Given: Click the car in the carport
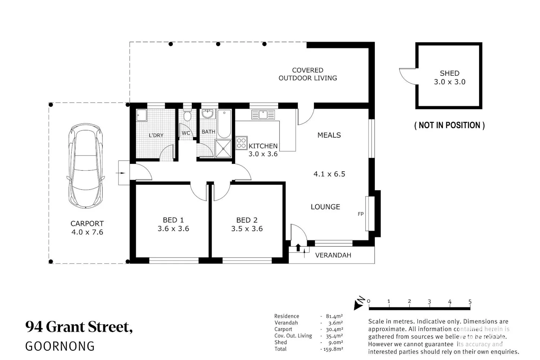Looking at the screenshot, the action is [x=86, y=166].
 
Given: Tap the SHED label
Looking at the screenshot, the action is [x=449, y=73].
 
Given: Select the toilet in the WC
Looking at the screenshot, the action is [x=187, y=115].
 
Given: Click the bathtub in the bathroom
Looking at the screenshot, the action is [x=224, y=124].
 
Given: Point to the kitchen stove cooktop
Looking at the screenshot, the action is [x=241, y=143].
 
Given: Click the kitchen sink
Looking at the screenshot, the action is [x=263, y=114].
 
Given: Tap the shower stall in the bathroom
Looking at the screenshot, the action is [x=223, y=149].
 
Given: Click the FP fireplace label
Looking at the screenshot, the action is [x=361, y=214].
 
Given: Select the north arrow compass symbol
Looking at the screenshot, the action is [x=359, y=303].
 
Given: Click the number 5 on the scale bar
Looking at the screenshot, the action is [x=470, y=301].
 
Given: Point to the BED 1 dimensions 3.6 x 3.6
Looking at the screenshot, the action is [x=173, y=229].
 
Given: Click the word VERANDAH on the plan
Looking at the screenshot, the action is [x=333, y=255].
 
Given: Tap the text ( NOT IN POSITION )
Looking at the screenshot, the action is [x=449, y=125].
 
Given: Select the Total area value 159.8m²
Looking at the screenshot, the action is [x=333, y=349].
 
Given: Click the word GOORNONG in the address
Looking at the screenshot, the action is [x=60, y=346].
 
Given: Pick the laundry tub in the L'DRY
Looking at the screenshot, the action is [x=141, y=115].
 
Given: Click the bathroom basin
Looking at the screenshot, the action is [x=208, y=114].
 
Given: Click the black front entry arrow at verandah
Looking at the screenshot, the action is [x=298, y=248].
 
